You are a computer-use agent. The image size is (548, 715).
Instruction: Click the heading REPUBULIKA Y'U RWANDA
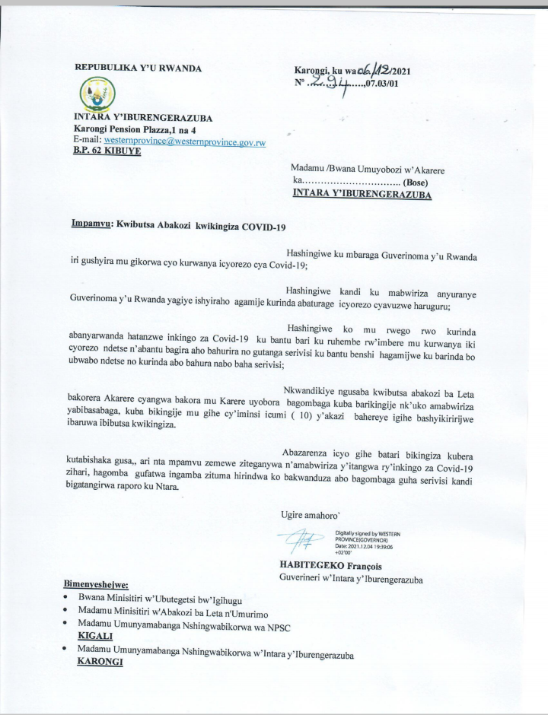[138, 68]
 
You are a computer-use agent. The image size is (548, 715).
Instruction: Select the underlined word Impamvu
[90, 225]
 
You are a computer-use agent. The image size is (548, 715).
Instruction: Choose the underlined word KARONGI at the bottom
[101, 662]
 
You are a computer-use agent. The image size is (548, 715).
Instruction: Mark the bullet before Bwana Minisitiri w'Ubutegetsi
[68, 599]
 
